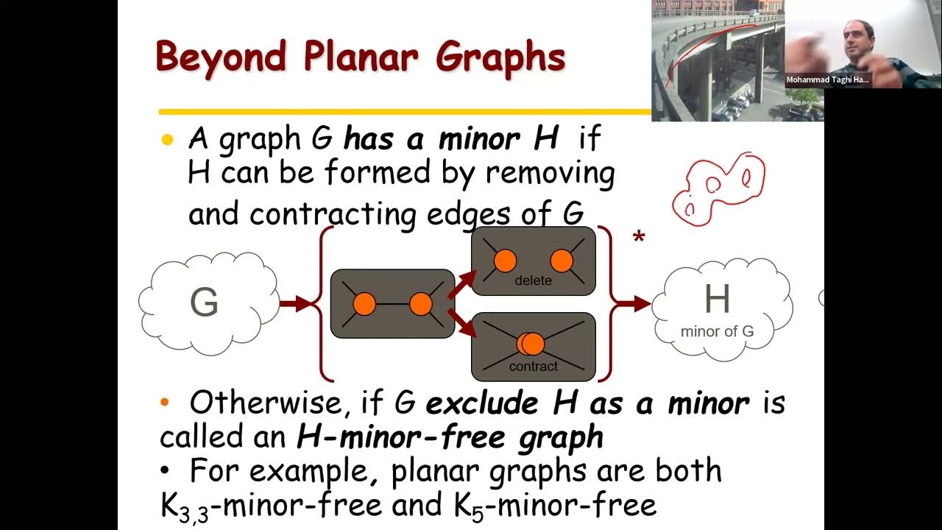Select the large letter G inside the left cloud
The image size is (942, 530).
click(204, 303)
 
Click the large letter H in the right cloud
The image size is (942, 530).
click(717, 299)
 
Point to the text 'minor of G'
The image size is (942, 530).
click(717, 331)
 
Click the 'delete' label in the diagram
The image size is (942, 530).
click(533, 280)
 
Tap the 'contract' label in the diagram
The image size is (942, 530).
click(533, 367)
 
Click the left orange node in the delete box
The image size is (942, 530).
click(505, 260)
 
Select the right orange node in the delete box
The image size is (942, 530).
click(562, 260)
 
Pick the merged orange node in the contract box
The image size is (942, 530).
click(531, 344)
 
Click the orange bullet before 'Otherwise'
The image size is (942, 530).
click(165, 402)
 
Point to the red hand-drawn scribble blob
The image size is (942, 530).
click(718, 188)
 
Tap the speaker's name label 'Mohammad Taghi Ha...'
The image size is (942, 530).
click(826, 79)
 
